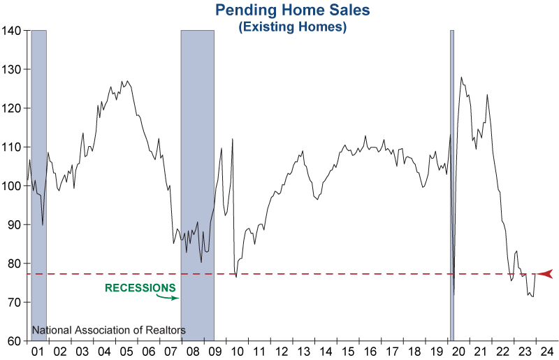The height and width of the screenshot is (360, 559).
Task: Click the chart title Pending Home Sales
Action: pyautogui.click(x=291, y=10)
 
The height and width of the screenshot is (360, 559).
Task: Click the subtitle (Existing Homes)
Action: pyautogui.click(x=292, y=27)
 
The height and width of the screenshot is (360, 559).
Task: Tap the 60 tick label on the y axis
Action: pyautogui.click(x=15, y=341)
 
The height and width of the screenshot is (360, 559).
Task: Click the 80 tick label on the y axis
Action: pyautogui.click(x=15, y=264)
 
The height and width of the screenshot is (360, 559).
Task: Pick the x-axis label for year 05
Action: pyautogui.click(x=127, y=351)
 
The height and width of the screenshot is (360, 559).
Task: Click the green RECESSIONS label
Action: pyautogui.click(x=140, y=287)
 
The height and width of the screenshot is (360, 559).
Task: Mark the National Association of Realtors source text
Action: pyautogui.click(x=109, y=329)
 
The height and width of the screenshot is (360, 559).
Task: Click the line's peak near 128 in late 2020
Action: pyautogui.click(x=461, y=78)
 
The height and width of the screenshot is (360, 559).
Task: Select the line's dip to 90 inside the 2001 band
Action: pyautogui.click(x=43, y=224)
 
